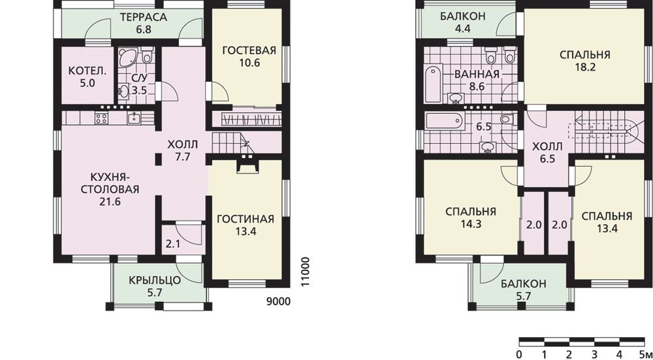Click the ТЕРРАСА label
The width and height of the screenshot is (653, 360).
coord(143,18)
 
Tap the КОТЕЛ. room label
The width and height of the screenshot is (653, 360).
coord(88,71)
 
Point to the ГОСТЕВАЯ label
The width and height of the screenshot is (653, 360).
coord(249,51)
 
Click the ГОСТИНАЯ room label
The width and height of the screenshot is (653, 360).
coord(246,219)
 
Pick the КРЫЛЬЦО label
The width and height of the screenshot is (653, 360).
coord(155,280)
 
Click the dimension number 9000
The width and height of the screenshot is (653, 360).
coord(278,301)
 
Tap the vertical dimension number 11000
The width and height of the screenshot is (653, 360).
coord(305,271)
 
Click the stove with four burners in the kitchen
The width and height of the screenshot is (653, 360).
coord(101,118)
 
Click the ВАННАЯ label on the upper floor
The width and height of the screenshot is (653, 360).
coord(477,74)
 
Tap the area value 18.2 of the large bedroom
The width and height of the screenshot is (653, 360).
coord(585,67)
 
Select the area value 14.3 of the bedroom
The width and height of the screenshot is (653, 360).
coord(471,224)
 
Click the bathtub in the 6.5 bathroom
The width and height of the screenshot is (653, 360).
coord(443,120)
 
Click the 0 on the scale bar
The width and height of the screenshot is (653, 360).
coord(519,355)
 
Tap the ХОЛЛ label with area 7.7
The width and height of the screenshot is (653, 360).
coord(183,144)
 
